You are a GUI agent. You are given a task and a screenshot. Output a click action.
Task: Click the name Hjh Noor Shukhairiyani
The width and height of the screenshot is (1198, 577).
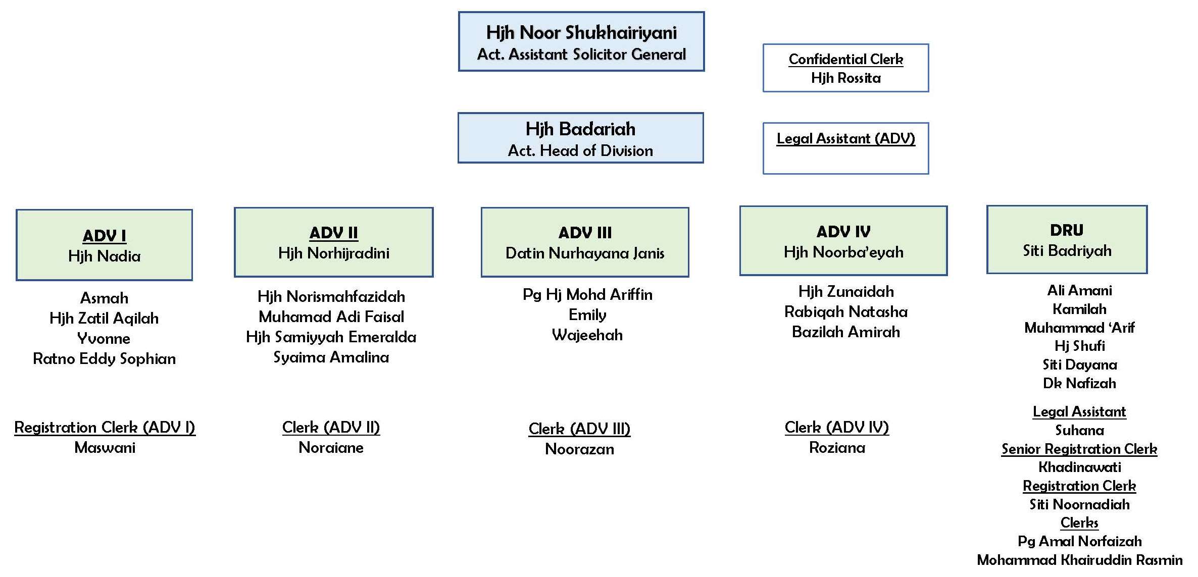581,33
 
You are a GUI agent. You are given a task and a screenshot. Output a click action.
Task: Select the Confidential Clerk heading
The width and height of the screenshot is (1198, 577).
845,60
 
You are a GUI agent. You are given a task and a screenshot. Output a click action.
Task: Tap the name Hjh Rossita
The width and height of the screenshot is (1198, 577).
845,78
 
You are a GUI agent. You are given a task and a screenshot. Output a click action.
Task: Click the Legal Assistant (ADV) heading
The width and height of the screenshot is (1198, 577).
845,138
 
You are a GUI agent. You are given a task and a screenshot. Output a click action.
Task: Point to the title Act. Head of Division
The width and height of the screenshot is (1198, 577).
580,150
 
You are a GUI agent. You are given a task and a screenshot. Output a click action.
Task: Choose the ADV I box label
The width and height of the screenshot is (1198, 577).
105,236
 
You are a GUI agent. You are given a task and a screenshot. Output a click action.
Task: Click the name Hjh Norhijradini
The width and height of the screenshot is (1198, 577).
333,253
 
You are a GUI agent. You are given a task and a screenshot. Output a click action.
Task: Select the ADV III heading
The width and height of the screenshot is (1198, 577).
585,233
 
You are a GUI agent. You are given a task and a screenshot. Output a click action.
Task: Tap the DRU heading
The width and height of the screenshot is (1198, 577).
1067,230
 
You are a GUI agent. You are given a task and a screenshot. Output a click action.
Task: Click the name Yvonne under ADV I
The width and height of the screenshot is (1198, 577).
104,338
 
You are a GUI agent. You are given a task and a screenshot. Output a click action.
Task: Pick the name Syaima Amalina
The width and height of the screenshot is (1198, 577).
331,357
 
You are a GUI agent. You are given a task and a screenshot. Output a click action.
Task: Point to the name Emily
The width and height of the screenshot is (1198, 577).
587,315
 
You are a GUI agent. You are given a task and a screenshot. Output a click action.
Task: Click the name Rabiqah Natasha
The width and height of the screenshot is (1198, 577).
845,312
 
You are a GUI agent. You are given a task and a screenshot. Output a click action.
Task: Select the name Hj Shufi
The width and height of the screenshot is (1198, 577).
1080,346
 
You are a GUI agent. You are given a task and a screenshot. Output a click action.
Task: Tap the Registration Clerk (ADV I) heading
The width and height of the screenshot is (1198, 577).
105,428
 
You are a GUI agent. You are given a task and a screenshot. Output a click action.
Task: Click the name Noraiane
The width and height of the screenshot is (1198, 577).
331,448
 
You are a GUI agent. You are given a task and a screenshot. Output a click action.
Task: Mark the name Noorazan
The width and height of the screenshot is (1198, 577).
579,449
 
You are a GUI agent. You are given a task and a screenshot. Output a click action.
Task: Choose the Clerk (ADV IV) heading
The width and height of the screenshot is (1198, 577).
837,428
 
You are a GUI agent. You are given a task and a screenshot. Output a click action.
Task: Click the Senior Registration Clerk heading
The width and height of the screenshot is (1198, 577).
1079,449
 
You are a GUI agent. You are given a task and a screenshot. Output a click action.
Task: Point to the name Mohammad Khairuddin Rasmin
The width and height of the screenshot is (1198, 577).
1080,560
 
